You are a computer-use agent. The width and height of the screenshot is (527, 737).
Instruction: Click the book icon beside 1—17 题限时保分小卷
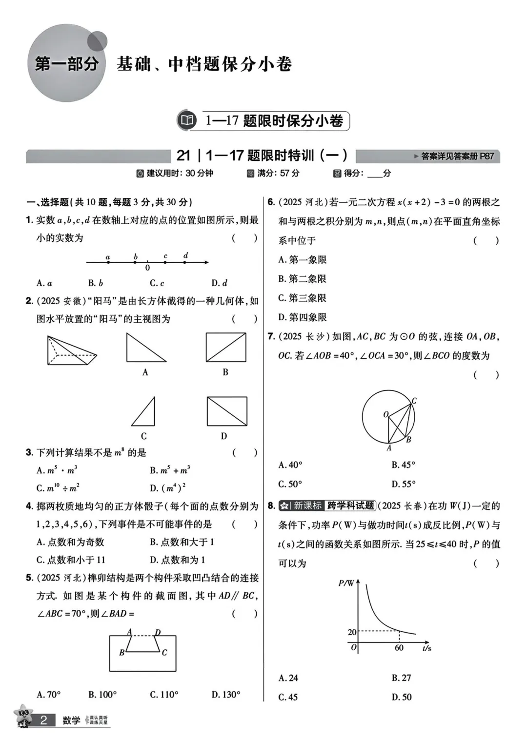tap(187, 120)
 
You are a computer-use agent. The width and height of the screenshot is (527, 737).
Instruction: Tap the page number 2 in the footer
tap(43, 720)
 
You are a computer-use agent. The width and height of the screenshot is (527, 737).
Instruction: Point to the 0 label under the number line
tap(147, 268)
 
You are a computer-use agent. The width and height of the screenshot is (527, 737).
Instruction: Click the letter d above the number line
tap(185, 255)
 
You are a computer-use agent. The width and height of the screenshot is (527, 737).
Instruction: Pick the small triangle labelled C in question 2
tap(144, 412)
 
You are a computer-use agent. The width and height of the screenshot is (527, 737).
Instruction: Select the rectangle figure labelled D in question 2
tap(227, 411)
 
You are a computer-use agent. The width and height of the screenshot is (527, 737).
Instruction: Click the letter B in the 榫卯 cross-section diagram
tap(122, 652)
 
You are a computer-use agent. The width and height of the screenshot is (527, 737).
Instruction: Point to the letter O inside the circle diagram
tap(385, 414)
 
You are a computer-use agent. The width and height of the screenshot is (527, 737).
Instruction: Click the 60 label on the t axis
tap(399, 648)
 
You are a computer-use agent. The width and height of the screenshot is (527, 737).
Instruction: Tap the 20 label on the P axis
tap(352, 632)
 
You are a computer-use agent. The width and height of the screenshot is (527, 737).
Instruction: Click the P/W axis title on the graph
tap(346, 583)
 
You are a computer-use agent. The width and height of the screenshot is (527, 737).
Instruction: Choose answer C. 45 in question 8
tap(288, 697)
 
